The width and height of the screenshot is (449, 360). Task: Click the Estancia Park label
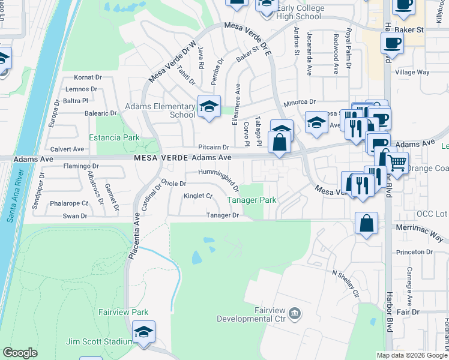[114, 137]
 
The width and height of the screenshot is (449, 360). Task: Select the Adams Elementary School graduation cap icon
[208, 107]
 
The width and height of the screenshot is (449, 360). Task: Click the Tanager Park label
[251, 200]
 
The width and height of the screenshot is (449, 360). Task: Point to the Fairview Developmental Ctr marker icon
[295, 313]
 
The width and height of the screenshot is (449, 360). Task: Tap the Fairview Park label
[123, 313]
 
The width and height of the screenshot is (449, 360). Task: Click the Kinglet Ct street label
[199, 196]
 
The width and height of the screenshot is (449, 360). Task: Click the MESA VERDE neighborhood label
[161, 157]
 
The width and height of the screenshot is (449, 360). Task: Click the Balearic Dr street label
[100, 113]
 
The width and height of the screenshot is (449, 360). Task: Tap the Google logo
[20, 353]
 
